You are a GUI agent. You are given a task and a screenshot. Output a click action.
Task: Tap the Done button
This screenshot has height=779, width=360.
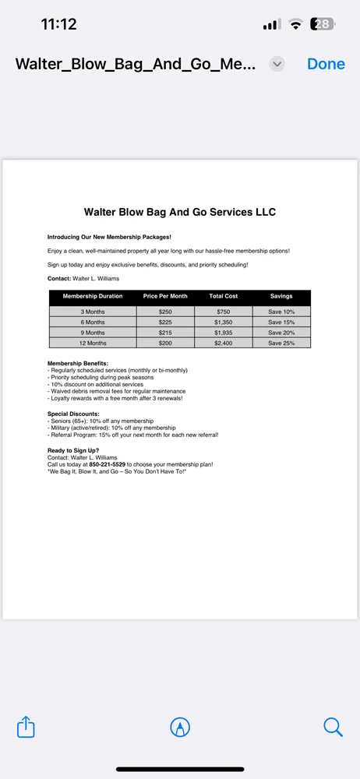point(326,64)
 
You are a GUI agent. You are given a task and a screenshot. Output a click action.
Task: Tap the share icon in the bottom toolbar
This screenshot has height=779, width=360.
point(26,727)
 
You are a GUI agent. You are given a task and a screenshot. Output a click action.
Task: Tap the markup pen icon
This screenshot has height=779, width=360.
point(180,727)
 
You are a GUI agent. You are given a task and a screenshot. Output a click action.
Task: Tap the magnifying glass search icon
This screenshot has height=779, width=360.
point(333,727)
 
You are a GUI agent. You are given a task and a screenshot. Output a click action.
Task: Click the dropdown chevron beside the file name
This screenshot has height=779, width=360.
point(277,65)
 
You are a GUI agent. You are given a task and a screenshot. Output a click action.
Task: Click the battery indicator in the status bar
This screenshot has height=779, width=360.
point(322,24)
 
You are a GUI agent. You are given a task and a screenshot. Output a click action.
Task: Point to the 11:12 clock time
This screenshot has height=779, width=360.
point(58,24)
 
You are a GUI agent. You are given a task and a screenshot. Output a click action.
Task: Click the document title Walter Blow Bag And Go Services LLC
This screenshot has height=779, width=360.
point(180,212)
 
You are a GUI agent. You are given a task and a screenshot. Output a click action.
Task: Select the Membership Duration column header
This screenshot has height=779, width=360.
point(93,297)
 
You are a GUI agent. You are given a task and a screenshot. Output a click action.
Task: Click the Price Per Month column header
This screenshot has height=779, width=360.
point(165,297)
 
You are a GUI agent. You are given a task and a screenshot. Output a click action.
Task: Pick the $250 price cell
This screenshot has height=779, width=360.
point(165,312)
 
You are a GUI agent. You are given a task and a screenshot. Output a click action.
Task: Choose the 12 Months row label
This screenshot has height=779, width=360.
point(93,343)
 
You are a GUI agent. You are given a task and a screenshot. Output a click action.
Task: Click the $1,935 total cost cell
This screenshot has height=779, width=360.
point(224,333)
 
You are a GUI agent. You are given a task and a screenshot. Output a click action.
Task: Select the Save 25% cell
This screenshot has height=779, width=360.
point(281,343)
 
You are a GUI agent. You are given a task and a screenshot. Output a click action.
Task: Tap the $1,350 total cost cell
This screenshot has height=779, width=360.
point(224,322)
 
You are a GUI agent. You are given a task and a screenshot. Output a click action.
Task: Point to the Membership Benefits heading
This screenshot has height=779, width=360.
point(78,363)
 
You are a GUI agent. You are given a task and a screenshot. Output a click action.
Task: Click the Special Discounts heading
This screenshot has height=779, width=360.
point(73,414)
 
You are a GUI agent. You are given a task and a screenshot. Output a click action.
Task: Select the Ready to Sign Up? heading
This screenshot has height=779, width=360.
point(73,450)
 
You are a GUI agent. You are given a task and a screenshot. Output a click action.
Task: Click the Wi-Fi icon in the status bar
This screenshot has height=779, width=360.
point(295,24)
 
